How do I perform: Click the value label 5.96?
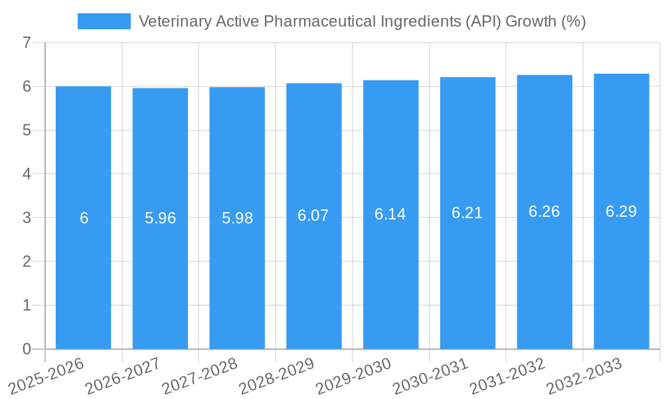(x=160, y=218)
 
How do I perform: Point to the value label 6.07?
(x=313, y=215)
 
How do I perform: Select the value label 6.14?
(x=390, y=214)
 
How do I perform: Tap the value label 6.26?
(x=544, y=211)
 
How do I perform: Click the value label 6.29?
(x=621, y=211)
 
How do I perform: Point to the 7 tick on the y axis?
(x=27, y=43)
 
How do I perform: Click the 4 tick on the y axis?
(x=27, y=174)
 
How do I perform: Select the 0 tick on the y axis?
(x=27, y=349)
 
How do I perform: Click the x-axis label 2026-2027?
(x=122, y=375)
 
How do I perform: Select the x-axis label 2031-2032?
(x=507, y=375)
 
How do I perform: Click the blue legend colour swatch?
(x=104, y=21)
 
